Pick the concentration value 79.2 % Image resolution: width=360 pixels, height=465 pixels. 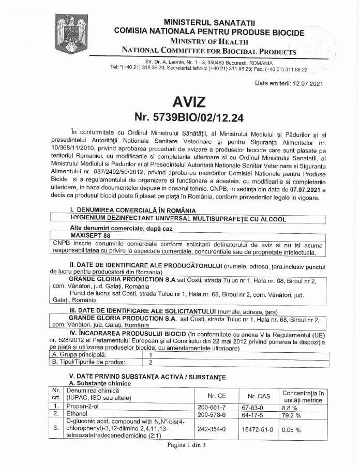pos(293,414)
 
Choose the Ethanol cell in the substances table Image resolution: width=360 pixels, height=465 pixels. pos(77,414)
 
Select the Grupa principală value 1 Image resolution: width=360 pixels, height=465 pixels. pos(150,355)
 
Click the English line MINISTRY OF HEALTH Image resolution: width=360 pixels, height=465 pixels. pos(209,41)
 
